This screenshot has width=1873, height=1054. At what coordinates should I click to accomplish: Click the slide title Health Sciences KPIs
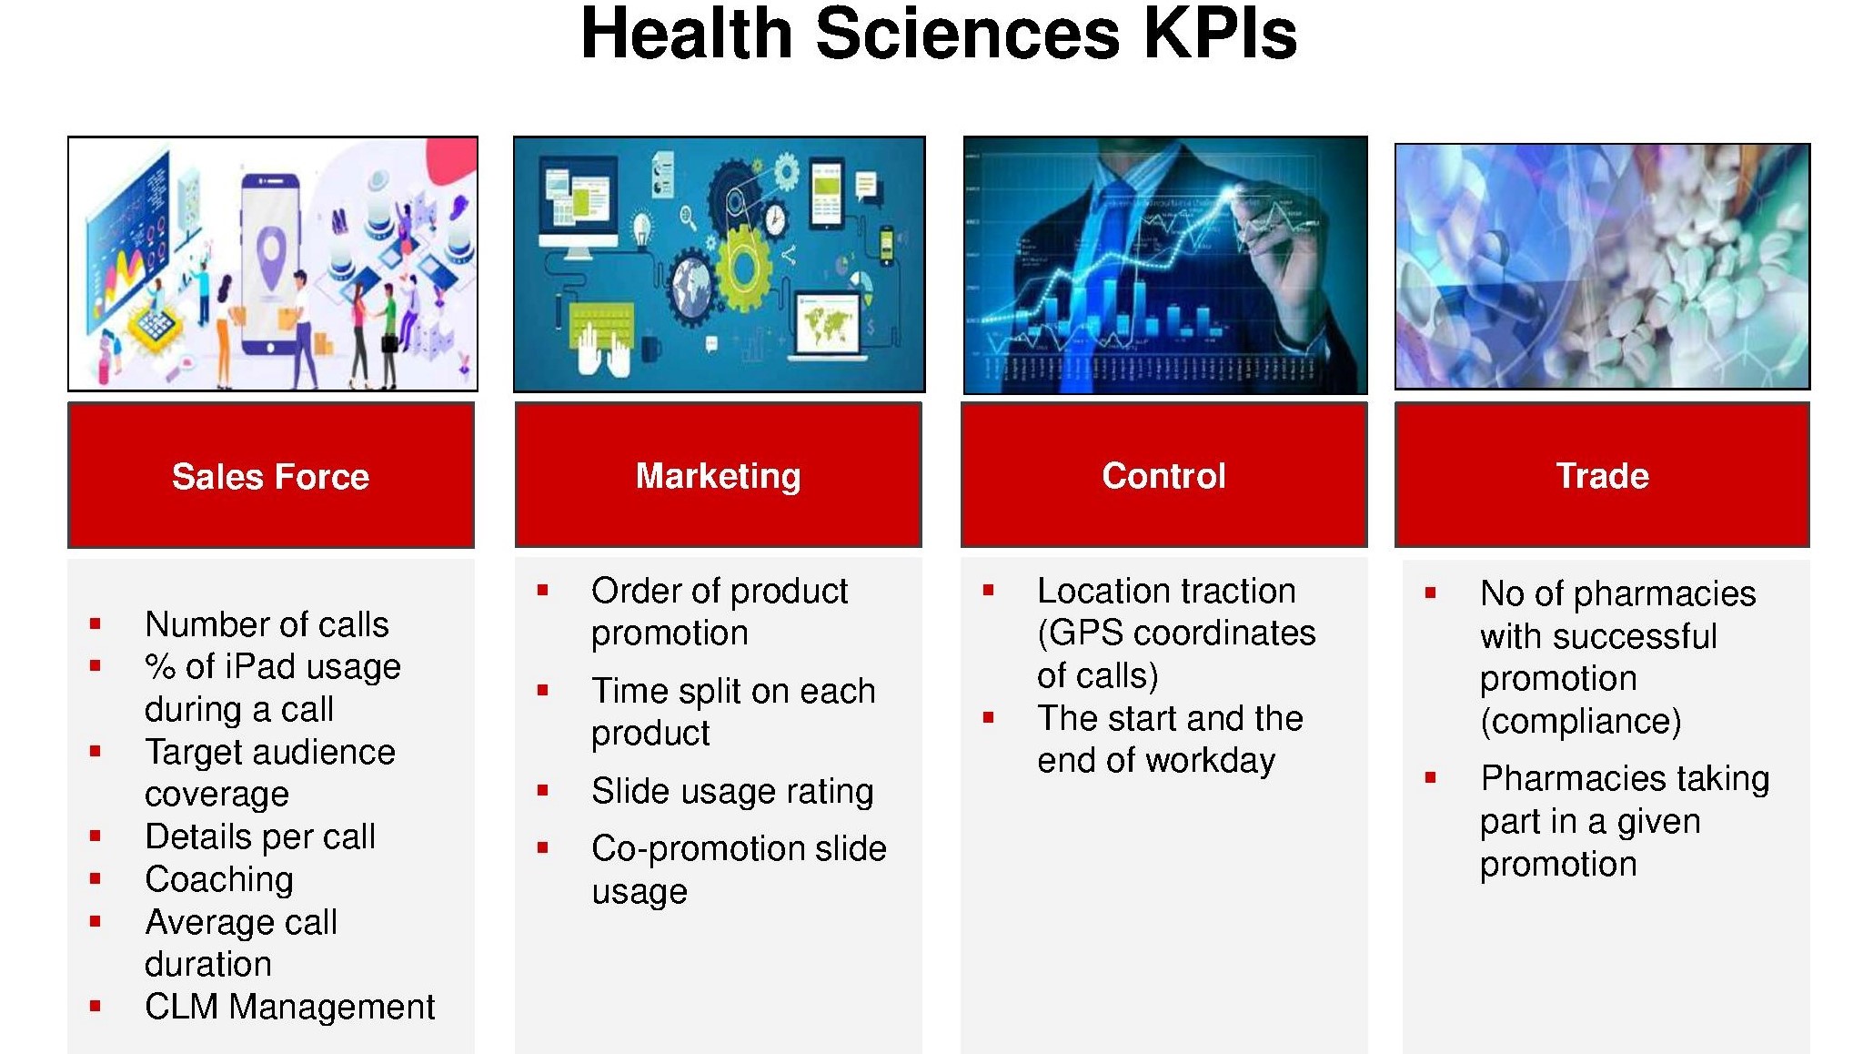tap(938, 35)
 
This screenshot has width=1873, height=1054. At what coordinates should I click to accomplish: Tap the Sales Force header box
tap(271, 475)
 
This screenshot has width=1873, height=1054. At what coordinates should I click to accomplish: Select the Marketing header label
tap(719, 476)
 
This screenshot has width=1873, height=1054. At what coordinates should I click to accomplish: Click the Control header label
tap(1163, 476)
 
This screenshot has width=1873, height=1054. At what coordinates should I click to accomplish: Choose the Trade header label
tap(1602, 476)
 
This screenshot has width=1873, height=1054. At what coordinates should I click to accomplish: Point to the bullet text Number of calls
tap(267, 624)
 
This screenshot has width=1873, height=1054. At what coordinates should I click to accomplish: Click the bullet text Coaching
tap(219, 879)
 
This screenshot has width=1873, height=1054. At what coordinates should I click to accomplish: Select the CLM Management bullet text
tap(289, 1007)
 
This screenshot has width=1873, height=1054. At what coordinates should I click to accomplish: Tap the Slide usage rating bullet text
tap(732, 792)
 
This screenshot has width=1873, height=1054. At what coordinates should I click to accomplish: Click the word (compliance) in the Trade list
tap(1581, 722)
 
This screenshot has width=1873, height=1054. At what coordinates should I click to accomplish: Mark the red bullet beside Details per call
tap(96, 836)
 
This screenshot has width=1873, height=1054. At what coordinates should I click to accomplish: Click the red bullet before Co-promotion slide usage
tap(543, 847)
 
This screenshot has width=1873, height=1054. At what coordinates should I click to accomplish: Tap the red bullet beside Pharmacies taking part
tap(1431, 778)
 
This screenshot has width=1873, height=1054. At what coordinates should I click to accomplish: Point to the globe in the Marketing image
tap(693, 285)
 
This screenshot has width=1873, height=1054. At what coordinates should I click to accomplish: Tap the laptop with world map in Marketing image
tap(828, 328)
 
